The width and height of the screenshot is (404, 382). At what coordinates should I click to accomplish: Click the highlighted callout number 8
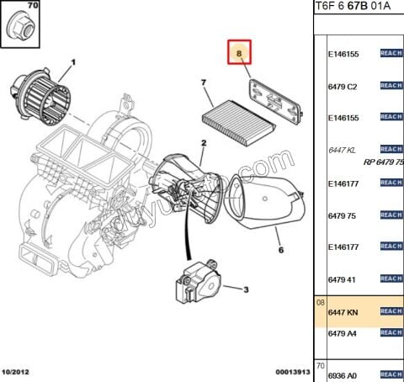click(240, 55)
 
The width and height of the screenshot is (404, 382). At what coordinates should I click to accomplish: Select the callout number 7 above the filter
click(203, 82)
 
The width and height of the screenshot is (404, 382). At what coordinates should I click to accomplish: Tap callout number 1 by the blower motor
click(72, 62)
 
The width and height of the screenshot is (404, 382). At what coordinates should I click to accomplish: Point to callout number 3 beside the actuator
click(246, 290)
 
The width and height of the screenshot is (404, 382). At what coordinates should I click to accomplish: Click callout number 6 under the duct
click(281, 251)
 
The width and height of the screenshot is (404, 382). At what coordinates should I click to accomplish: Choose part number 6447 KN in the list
click(343, 311)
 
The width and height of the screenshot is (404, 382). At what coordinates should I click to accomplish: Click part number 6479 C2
click(343, 87)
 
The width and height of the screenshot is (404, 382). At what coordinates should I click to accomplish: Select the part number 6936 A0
click(343, 374)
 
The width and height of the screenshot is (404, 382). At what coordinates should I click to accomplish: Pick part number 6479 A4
click(343, 333)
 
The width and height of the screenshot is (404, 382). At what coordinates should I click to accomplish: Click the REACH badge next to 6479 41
click(391, 279)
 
